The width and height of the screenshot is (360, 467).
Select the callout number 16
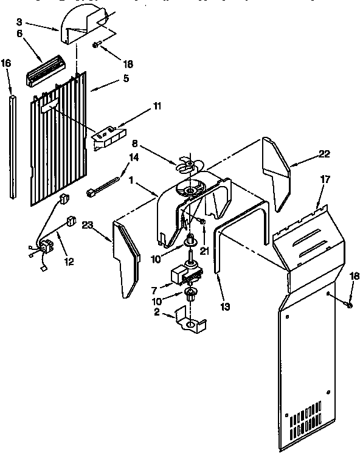pos(5,63)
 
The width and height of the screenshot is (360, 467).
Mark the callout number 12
pos(68,262)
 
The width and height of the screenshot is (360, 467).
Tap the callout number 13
pos(226,306)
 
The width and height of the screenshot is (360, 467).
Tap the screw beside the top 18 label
pos(97,45)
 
